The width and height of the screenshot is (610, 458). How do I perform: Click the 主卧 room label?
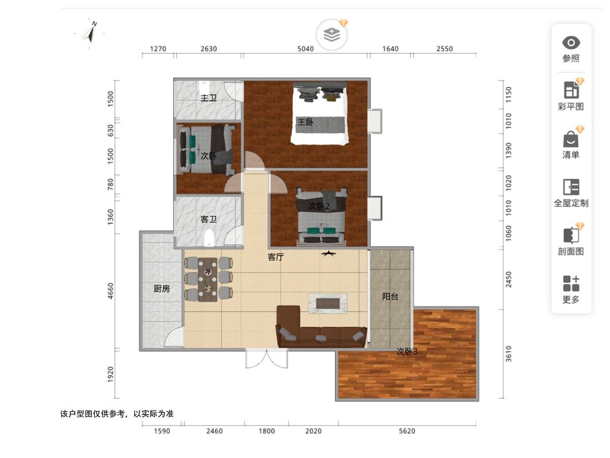[x=305, y=122]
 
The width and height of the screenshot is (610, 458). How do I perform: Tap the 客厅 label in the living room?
[x=276, y=257]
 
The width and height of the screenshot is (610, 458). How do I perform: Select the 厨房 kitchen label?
[x=162, y=289]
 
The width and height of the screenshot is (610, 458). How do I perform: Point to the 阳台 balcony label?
[x=390, y=297]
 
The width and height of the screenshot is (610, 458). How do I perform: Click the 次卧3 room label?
[x=407, y=352]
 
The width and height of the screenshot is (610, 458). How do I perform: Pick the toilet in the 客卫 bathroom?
[x=209, y=238]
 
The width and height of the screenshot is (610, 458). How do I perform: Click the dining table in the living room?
[x=207, y=280]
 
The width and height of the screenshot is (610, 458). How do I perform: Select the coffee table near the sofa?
[x=328, y=303]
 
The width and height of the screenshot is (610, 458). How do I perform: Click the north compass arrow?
[x=90, y=33]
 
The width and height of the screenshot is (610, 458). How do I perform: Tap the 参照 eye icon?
[x=571, y=43]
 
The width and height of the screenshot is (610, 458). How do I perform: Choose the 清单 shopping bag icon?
[x=570, y=139]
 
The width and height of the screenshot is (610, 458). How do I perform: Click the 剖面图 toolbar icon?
[x=570, y=235]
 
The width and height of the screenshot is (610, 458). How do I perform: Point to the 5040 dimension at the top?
[x=306, y=49]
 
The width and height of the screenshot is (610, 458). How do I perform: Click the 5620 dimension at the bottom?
[x=407, y=432]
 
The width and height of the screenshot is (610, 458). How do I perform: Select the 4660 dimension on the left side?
[x=111, y=291]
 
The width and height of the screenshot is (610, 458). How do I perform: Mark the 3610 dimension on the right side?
[x=508, y=354]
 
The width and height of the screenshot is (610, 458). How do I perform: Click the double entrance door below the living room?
[x=266, y=359]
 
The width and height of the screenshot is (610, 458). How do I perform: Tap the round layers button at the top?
[x=331, y=35]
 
